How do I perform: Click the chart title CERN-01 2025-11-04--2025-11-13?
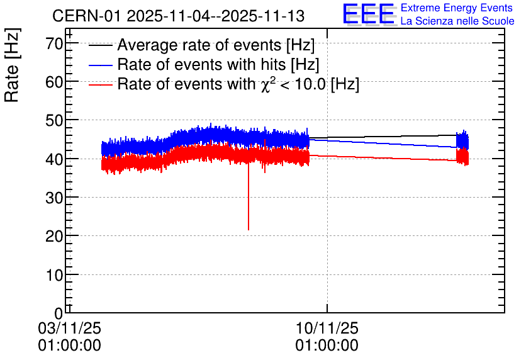(x=179, y=16)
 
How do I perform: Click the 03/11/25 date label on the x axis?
(x=69, y=328)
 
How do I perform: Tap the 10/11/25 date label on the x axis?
(x=327, y=328)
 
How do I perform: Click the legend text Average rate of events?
(x=216, y=45)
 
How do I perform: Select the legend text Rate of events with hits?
(x=218, y=64)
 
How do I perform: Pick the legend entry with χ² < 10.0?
(x=238, y=84)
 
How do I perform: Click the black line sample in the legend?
(x=100, y=45)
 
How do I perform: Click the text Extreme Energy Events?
(x=457, y=8)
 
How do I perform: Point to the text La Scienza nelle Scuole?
(x=457, y=21)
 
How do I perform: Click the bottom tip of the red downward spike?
(x=249, y=230)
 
